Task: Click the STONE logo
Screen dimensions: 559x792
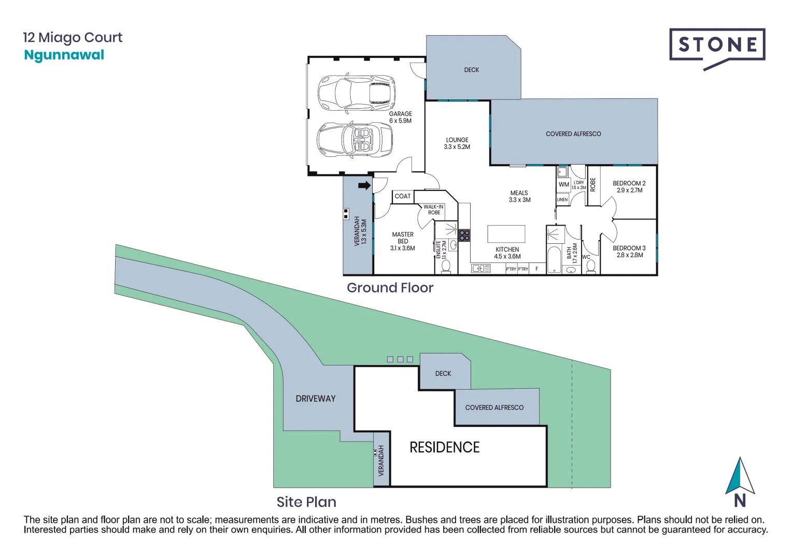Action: point(717,46)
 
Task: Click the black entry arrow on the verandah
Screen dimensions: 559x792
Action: point(364,185)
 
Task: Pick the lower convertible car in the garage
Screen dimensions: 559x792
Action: point(355,140)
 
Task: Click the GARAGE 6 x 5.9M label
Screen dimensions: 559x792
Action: point(400,117)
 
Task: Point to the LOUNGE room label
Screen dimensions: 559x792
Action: point(457,143)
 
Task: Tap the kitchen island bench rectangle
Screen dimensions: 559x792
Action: point(506,234)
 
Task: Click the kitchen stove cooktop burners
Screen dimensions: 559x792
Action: point(464,236)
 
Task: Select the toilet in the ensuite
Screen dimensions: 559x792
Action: point(446,266)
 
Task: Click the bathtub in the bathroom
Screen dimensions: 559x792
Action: point(554,258)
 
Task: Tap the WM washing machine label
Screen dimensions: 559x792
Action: point(563,184)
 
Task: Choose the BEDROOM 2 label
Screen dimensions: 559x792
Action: point(629,187)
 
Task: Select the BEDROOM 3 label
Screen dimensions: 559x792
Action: point(629,252)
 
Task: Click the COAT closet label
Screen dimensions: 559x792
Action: point(402,196)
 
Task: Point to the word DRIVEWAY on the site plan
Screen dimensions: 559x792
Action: point(315,399)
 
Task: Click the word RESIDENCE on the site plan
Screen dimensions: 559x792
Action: point(444,447)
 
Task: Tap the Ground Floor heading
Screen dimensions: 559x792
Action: point(390,288)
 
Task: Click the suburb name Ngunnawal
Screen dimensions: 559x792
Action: point(64,55)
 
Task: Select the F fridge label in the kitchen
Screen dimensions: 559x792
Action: point(536,269)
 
